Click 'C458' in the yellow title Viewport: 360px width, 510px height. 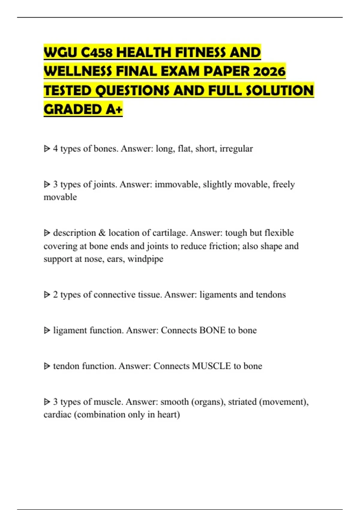[97, 52]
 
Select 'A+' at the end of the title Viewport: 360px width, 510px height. [114, 109]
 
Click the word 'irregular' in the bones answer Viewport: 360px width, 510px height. [236, 148]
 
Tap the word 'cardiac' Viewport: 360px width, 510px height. [57, 415]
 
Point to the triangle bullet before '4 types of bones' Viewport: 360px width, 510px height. [47, 148]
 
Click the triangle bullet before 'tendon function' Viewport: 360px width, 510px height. [47, 366]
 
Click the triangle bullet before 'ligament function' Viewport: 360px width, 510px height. [47, 330]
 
